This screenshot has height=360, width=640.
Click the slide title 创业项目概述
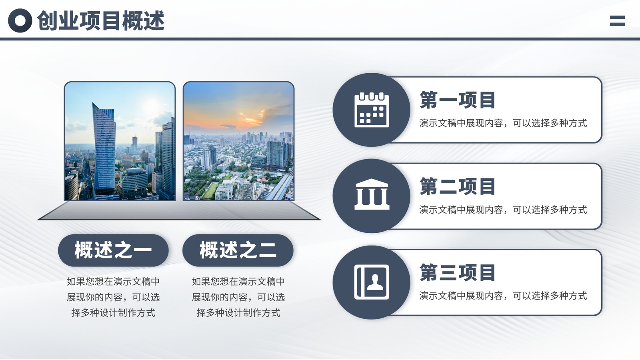[x=101, y=20]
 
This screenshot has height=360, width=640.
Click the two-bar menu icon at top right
[x=618, y=21]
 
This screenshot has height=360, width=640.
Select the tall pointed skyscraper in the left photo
[x=104, y=148]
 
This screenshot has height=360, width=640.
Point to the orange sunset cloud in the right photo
[x=248, y=118]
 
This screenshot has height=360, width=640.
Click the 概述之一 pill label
[x=113, y=250]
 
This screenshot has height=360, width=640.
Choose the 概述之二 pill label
[x=238, y=250]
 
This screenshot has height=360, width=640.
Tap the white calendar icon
[x=372, y=110]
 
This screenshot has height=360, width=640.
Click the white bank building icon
[x=372, y=194]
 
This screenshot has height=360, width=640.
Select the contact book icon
[x=372, y=282]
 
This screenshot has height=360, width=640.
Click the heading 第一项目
[x=457, y=100]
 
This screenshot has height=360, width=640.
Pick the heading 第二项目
[x=457, y=186]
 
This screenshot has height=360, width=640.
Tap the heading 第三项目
[x=457, y=272]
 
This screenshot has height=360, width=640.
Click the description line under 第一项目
[x=503, y=123]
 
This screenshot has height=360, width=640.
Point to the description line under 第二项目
[x=503, y=210]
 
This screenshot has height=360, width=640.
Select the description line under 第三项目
[x=503, y=296]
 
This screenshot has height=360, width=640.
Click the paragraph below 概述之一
[x=113, y=297]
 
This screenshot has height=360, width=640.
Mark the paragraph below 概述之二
[x=238, y=297]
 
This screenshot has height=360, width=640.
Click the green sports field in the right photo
[x=210, y=191]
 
